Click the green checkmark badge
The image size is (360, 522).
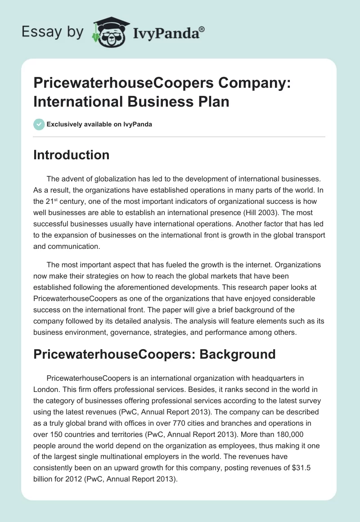click(x=39, y=124)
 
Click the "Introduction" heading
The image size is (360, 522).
click(x=72, y=155)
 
